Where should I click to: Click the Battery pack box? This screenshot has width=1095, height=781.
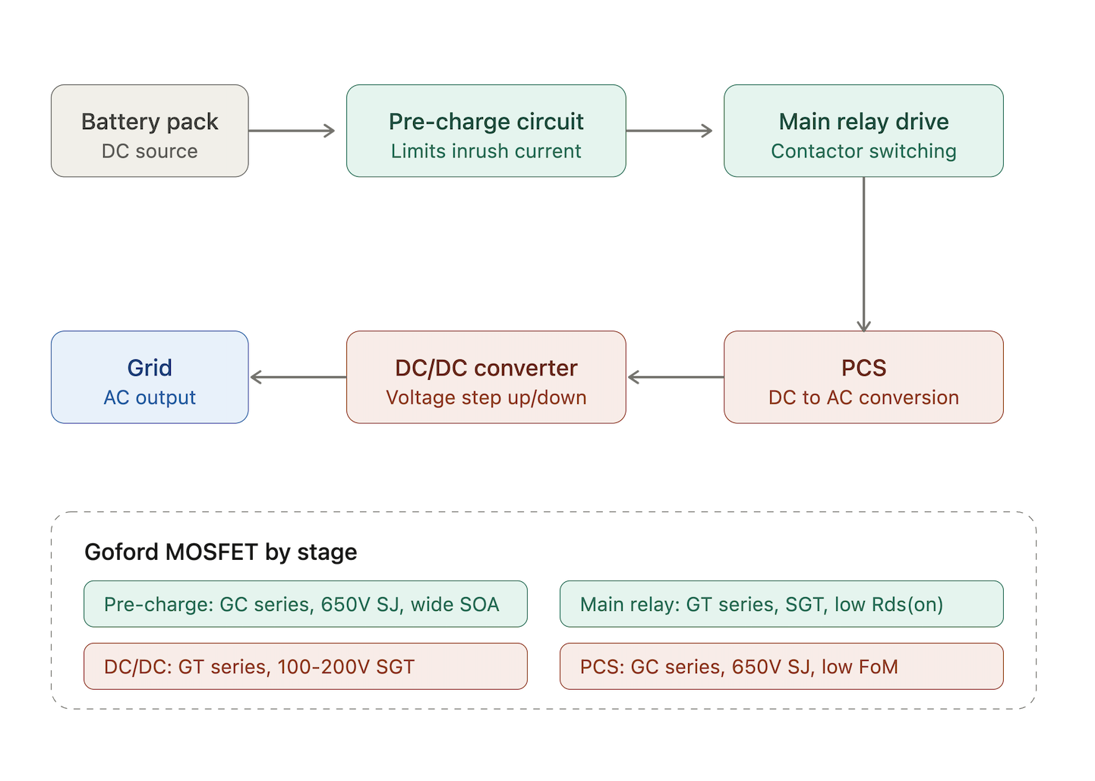[x=150, y=131]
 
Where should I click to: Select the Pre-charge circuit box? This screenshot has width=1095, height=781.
[x=486, y=131]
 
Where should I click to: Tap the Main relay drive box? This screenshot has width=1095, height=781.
[x=863, y=131]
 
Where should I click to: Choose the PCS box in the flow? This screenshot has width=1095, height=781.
[x=863, y=377]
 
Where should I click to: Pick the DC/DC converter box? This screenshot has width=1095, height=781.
[x=486, y=377]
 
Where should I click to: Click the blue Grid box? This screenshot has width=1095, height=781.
[x=150, y=377]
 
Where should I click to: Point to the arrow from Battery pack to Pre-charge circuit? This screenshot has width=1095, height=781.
[x=292, y=131]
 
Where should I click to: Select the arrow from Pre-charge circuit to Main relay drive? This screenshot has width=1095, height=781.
[x=669, y=131]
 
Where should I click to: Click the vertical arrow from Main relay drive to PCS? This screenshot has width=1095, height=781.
[x=864, y=255]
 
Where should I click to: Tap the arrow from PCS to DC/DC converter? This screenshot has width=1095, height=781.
[x=676, y=377]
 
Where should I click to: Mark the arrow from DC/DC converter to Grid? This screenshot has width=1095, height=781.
[x=298, y=377]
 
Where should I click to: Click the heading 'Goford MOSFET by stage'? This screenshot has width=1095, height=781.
[x=221, y=552]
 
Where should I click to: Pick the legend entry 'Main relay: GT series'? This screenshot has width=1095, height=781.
[x=781, y=604]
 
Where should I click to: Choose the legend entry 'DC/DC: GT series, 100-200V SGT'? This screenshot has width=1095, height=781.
[x=305, y=666]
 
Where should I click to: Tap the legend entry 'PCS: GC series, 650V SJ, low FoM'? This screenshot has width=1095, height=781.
[x=781, y=666]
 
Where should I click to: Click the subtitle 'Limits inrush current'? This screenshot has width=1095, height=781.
[x=486, y=151]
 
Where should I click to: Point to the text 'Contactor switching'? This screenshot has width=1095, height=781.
[x=863, y=151]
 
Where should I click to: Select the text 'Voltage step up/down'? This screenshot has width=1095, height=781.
[x=486, y=397]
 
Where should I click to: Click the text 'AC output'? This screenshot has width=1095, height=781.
[x=150, y=397]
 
